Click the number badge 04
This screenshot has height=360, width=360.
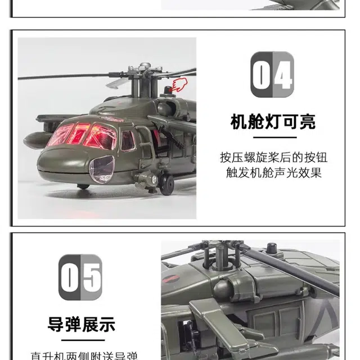pos(272,75)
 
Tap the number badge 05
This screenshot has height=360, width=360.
pos(81,277)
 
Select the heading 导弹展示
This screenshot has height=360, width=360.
pos(82,324)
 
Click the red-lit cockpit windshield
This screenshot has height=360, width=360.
pos(84,135)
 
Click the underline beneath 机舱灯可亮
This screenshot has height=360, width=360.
pos(273,136)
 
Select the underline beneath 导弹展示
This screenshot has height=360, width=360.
pos(82,339)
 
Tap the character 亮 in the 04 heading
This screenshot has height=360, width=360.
pos(305,121)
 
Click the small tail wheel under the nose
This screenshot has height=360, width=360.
pos(83,186)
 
